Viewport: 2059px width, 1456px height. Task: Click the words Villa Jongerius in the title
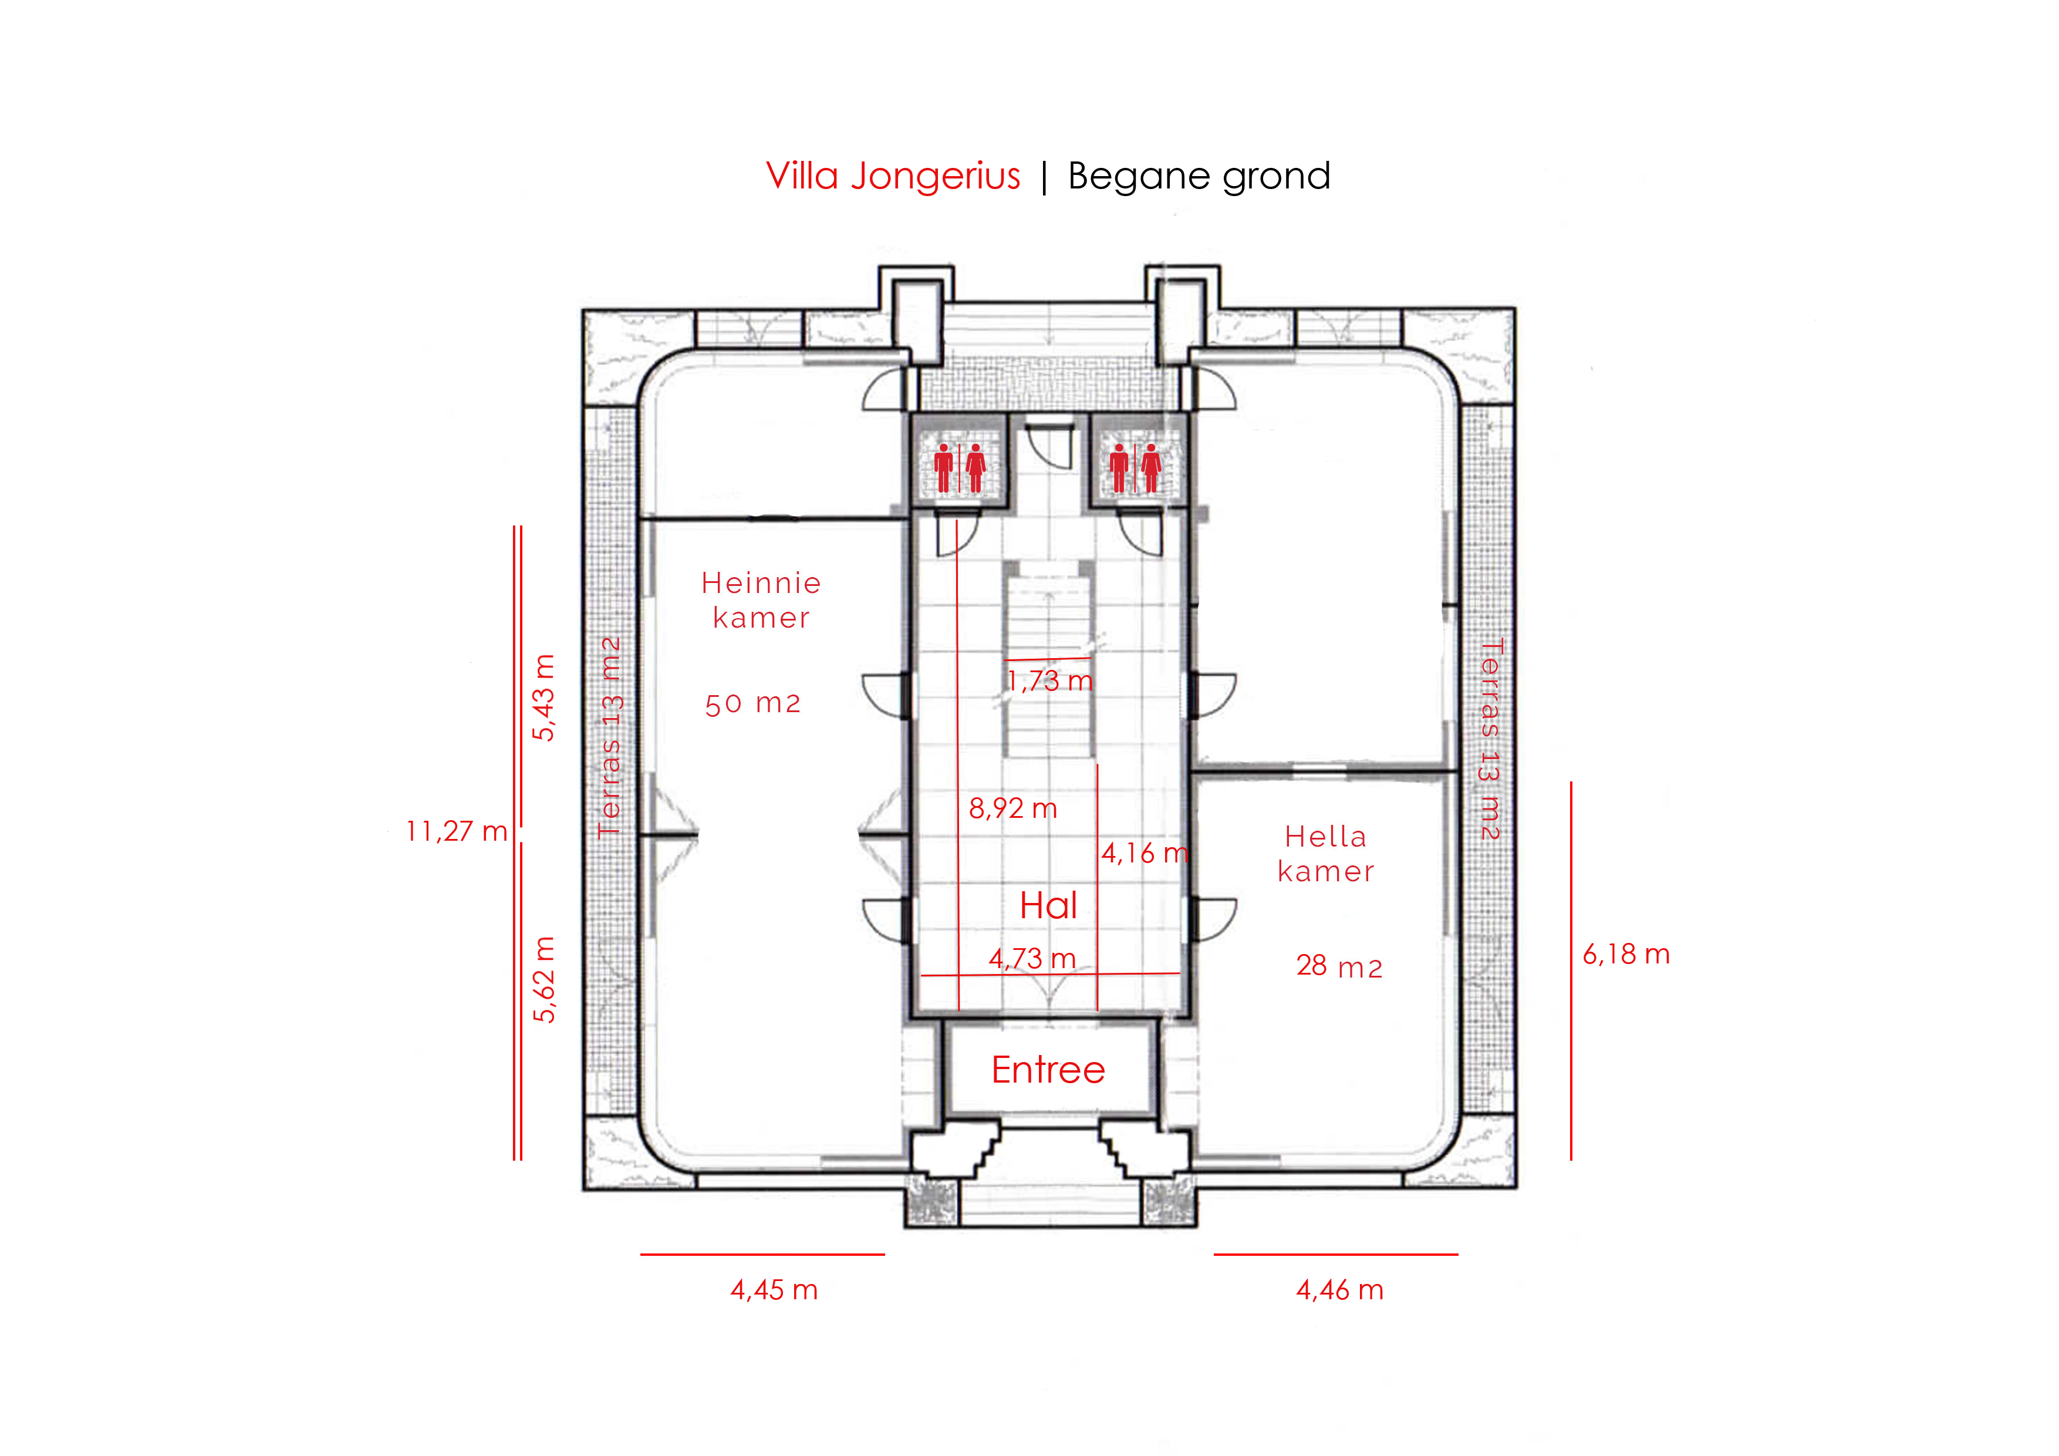pyautogui.click(x=893, y=176)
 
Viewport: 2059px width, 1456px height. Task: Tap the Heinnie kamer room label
pyautogui.click(x=761, y=600)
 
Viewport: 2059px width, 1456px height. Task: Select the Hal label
pyautogui.click(x=1048, y=905)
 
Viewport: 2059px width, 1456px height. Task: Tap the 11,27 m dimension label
pyautogui.click(x=457, y=831)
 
